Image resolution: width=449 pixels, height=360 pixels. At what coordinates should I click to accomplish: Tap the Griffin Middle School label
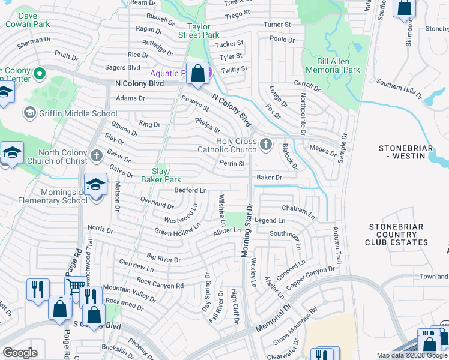pyautogui.click(x=77, y=113)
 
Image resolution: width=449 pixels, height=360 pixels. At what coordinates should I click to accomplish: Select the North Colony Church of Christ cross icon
pyautogui.click(x=96, y=157)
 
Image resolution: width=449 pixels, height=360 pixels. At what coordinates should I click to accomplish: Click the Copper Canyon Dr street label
pyautogui.click(x=310, y=275)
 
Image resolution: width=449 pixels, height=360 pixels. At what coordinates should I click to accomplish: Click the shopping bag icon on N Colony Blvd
pyautogui.click(x=197, y=74)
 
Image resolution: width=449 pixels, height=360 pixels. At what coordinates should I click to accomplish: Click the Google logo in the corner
pyautogui.click(x=20, y=353)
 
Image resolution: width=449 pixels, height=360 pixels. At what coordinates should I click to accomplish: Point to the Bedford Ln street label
pyautogui.click(x=190, y=190)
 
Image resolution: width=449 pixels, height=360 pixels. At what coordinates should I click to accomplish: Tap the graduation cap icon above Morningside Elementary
pyautogui.click(x=95, y=185)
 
